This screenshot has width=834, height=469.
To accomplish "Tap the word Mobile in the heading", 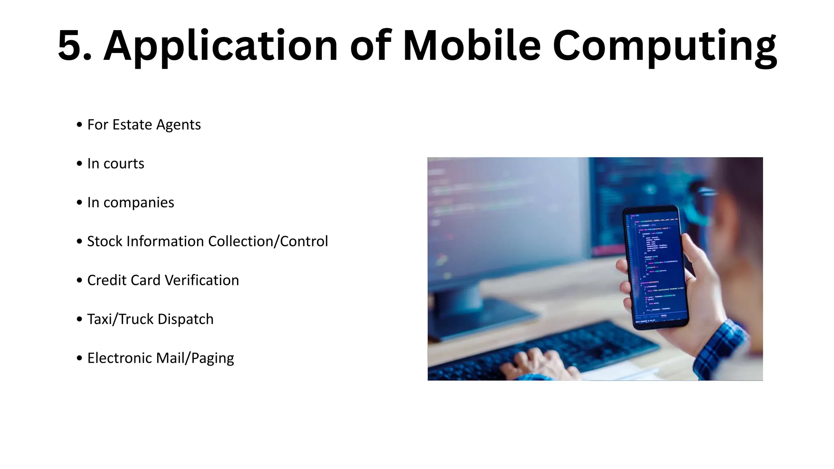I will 472,45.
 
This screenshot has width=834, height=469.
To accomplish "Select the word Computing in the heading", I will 665,47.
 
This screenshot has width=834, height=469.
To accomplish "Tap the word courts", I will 124,164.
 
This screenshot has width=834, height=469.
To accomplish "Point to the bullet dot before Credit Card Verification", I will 79,281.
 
